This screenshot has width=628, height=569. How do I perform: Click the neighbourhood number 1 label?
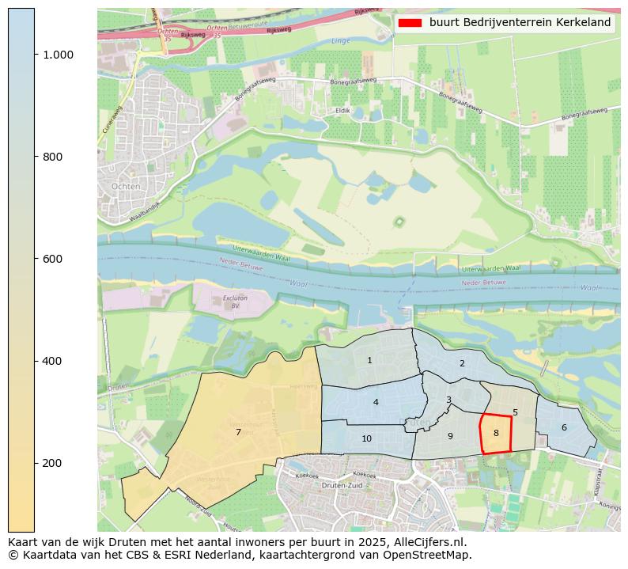(369, 361)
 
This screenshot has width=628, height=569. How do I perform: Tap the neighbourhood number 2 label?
(462, 364)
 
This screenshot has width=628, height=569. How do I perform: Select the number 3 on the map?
(448, 400)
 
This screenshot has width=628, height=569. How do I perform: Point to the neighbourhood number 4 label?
(376, 403)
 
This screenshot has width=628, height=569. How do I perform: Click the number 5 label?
(515, 413)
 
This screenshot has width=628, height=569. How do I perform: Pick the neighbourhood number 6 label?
(564, 428)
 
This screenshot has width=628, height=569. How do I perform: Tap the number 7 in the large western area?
(238, 432)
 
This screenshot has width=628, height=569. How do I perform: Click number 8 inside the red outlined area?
(496, 434)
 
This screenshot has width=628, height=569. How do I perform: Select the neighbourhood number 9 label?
(450, 436)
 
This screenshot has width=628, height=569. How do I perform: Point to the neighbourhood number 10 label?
(367, 438)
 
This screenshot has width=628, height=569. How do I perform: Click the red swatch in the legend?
(410, 23)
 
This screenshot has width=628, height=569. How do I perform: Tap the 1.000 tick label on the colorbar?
(58, 55)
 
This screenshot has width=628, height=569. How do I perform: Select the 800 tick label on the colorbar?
(51, 157)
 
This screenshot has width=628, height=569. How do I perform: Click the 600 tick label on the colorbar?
(51, 259)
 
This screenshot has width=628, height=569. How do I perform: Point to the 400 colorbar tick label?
(51, 361)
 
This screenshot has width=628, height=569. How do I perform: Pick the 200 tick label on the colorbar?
(51, 463)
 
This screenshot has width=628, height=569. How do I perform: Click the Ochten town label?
(127, 186)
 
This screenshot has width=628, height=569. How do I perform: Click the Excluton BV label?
(230, 302)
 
